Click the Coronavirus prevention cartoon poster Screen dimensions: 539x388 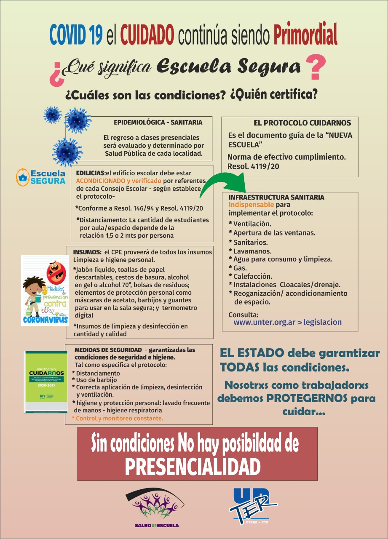[x=45, y=290]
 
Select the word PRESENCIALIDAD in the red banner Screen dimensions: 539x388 [x=193, y=466]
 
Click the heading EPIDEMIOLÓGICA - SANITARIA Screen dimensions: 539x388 [x=158, y=123]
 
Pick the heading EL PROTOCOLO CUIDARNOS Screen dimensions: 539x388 [x=302, y=123]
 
